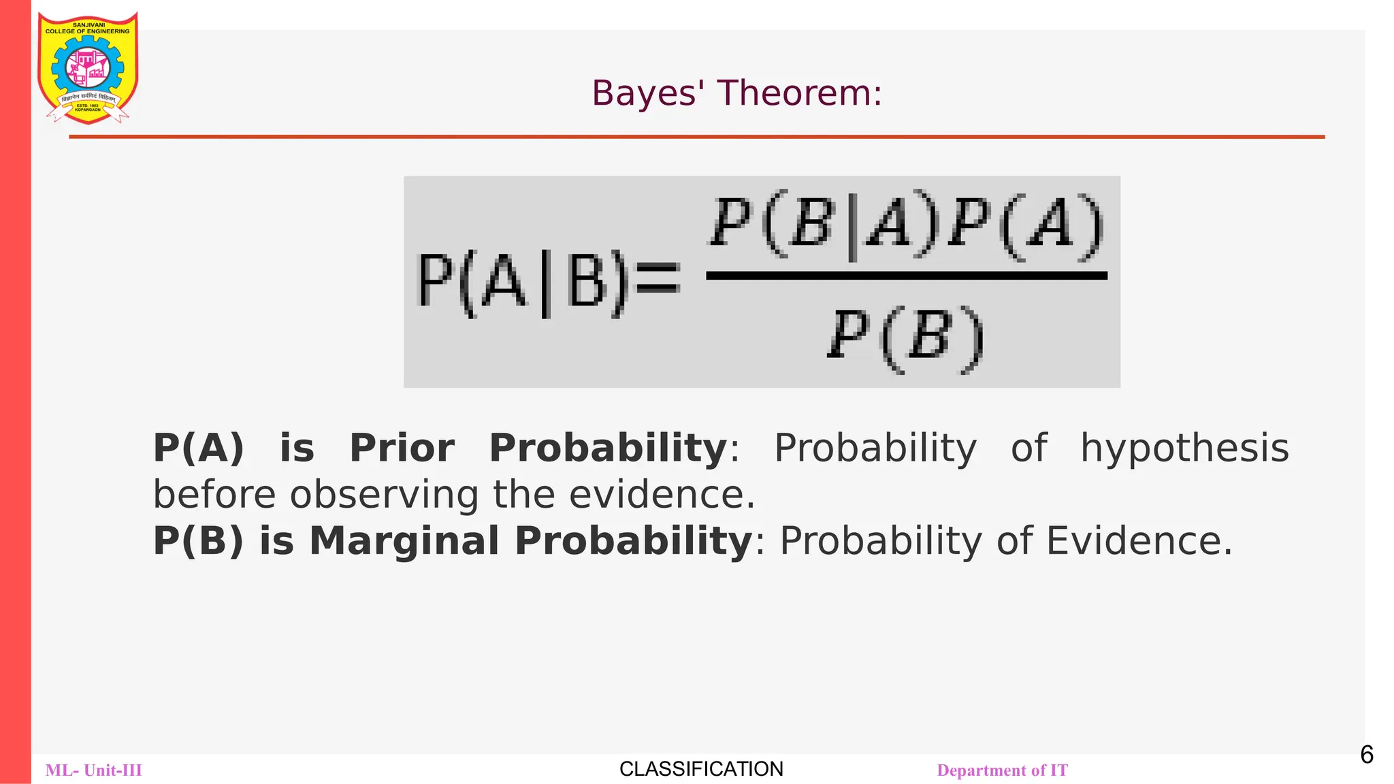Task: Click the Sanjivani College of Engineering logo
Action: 88,68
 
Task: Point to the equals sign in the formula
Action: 657,279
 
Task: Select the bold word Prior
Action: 402,448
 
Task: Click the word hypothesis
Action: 1184,448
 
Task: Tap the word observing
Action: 384,495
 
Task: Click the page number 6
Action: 1366,755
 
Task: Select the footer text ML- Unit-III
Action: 94,770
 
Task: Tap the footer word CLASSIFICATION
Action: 701,769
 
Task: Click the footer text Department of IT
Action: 1002,770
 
